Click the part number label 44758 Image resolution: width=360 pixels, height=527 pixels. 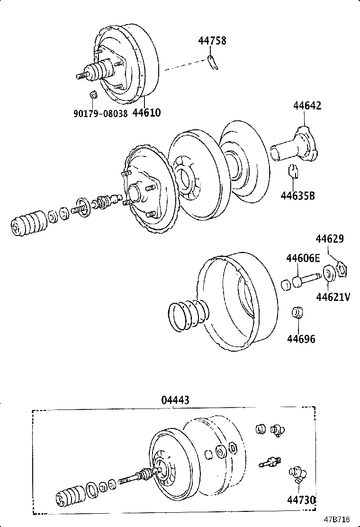point(212,41)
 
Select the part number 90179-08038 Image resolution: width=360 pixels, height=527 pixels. point(100,114)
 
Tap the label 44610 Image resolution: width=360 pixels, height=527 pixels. point(146,113)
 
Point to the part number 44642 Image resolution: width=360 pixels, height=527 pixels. point(306,106)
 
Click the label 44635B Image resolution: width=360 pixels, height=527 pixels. point(297,195)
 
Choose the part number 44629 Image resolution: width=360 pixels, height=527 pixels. point(330,239)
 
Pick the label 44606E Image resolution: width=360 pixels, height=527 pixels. point(303,258)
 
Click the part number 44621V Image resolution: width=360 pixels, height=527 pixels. point(333,297)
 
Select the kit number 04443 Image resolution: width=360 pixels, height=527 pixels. point(175,400)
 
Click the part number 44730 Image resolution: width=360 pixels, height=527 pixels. point(301,500)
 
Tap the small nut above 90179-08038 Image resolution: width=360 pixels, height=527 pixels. point(93,94)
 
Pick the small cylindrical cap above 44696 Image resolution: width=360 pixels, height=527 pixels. point(297,313)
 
